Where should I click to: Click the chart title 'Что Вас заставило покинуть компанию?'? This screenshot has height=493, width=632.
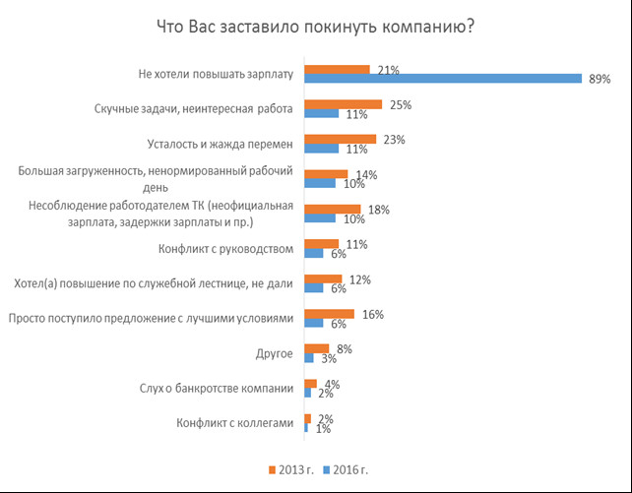(315, 27)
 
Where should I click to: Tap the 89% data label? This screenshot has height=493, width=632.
(600, 79)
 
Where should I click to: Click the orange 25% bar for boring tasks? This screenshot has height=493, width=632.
(343, 103)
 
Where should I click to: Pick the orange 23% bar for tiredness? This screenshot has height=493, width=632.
(340, 139)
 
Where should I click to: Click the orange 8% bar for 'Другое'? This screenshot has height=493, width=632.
(317, 347)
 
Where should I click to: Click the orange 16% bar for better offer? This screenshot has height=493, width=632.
(330, 313)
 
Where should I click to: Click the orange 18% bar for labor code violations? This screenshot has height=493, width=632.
(333, 209)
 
